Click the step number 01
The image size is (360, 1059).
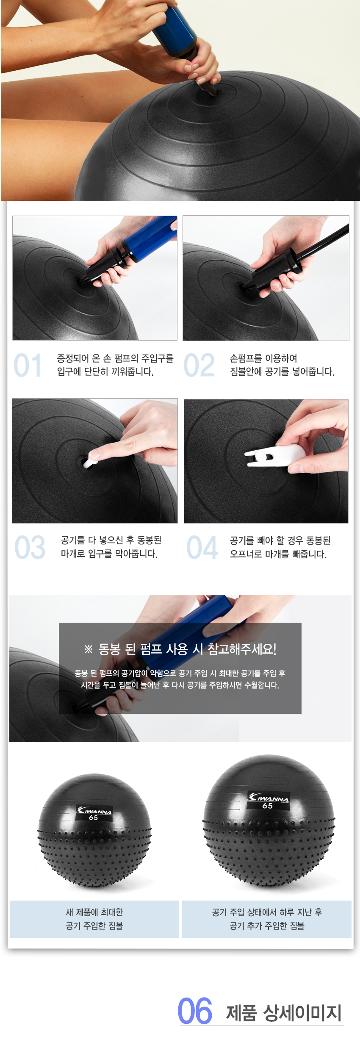click(28, 365)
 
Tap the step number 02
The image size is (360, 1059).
click(199, 365)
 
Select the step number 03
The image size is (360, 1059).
click(30, 547)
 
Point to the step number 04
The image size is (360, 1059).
click(202, 547)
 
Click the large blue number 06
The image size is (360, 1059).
click(195, 1011)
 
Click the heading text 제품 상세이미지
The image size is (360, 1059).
click(284, 1012)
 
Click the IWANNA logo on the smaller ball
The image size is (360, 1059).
click(94, 811)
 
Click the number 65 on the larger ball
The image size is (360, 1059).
click(267, 806)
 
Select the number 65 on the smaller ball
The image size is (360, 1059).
click(94, 818)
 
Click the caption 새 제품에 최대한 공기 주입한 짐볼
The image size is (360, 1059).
click(94, 919)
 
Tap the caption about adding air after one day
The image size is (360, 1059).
click(267, 919)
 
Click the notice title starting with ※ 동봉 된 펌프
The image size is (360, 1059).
click(180, 649)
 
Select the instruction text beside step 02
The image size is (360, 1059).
click(282, 365)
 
